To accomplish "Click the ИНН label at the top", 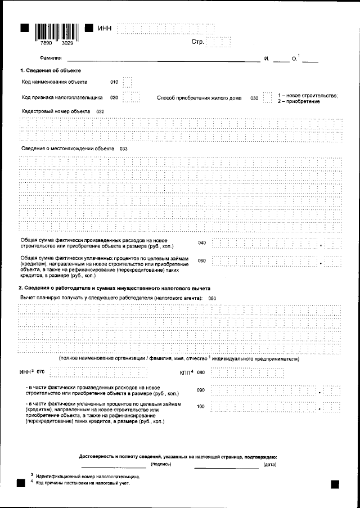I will point(105,29).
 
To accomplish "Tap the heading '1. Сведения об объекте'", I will point(51,70).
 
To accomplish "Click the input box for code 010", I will point(127,83).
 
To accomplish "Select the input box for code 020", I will point(130,98).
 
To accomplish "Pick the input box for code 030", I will point(267,98).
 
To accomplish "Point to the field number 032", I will point(100,112).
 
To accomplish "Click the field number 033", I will point(124,148).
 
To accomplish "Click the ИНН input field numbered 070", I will point(98,372).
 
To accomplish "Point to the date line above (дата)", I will point(226,467).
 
